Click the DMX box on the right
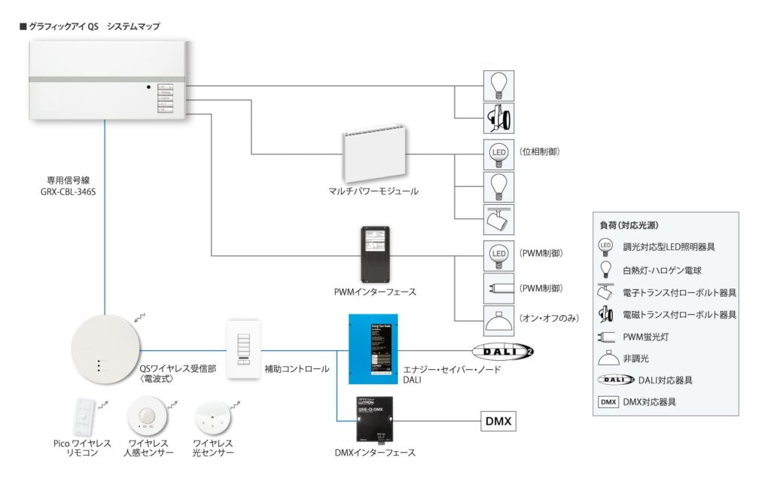pos(498,422)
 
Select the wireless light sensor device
pos(211,418)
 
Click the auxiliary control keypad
pos(242,350)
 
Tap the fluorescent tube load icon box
pos(498,288)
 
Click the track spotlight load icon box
pos(498,218)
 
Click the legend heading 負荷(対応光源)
pos(632,225)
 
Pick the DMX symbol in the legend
pos(609,401)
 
